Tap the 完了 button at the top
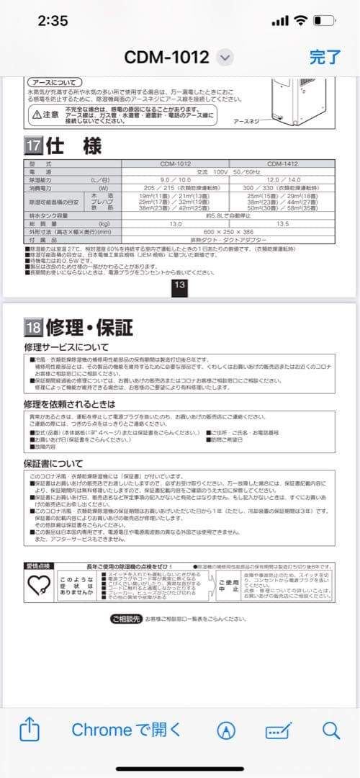tap(325, 57)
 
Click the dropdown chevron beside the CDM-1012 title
tap(225, 58)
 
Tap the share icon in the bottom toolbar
tap(29, 730)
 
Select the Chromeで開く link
tap(127, 730)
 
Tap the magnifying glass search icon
tap(330, 730)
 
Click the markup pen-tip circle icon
tap(226, 730)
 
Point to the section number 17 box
tap(34, 145)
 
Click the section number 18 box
tap(34, 327)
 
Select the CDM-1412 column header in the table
tap(282, 164)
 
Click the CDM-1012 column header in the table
tap(176, 164)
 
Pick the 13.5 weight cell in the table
tap(282, 224)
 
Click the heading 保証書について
tap(54, 463)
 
